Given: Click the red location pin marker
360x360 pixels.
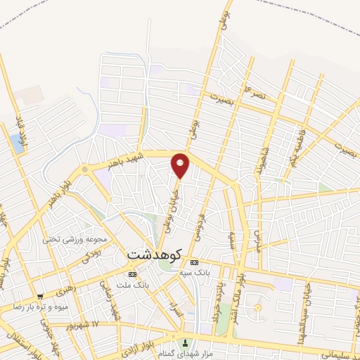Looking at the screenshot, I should [180, 166].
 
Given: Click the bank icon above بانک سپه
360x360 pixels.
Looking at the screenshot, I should [195, 262].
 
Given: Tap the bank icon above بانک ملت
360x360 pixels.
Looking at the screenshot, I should [131, 274].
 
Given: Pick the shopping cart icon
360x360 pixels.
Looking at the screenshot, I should [40, 297].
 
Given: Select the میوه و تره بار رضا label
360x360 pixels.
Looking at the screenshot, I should [39, 307].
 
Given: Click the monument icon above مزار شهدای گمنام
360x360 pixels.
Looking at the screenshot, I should [186, 344].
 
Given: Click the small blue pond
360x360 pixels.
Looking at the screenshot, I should [16, 144].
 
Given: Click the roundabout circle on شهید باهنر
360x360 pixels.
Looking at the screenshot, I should [84, 169].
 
